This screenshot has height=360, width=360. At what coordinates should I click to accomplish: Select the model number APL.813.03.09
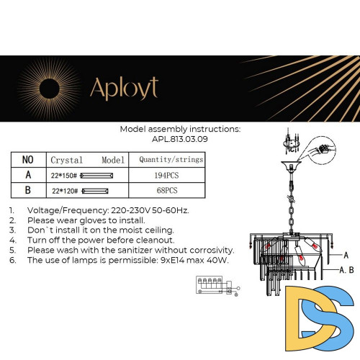pyautogui.click(x=181, y=140)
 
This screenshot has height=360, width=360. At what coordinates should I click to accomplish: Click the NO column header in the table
pyautogui.click(x=28, y=159)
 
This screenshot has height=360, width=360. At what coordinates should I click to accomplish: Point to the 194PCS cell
pyautogui.click(x=166, y=175)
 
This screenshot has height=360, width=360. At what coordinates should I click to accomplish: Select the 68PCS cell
pyautogui.click(x=166, y=191)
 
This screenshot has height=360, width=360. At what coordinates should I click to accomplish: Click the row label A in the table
pyautogui.click(x=28, y=175)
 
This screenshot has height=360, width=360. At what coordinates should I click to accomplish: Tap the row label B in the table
pyautogui.click(x=28, y=191)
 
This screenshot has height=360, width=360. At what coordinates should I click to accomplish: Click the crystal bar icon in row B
pyautogui.click(x=102, y=192)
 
